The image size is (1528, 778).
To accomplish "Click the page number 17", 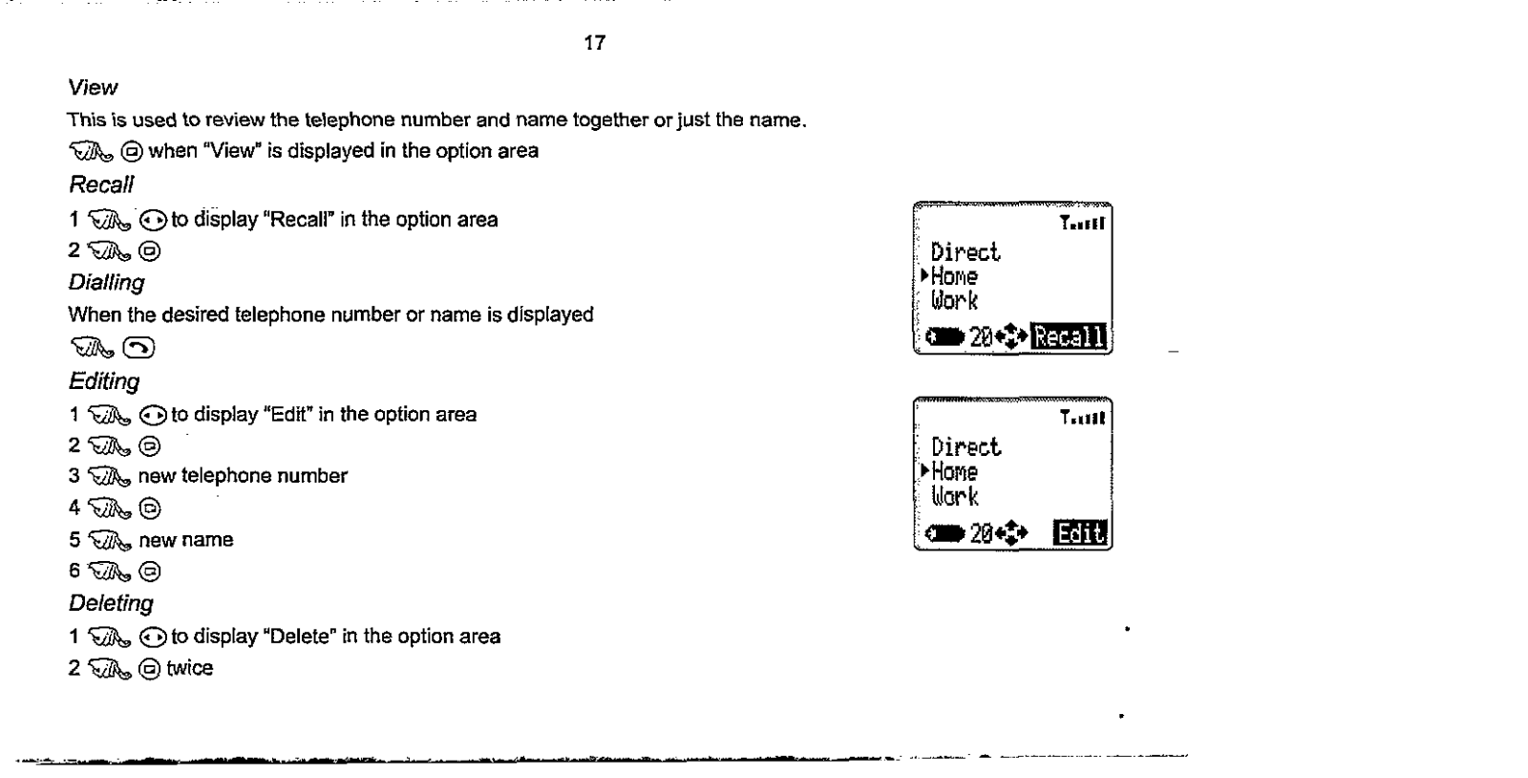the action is tap(594, 43).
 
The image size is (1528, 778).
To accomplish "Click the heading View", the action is tap(93, 88).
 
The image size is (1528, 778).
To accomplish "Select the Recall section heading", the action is tap(100, 184).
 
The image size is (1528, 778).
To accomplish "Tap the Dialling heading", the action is tap(106, 283).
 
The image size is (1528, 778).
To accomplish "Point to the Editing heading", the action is tap(104, 381).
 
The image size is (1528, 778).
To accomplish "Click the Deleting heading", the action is tap(111, 604).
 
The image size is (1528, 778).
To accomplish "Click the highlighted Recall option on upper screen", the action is tap(1071, 336).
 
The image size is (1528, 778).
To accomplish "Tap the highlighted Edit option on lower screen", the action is tap(1080, 532).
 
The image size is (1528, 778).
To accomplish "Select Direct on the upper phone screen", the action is tap(966, 252).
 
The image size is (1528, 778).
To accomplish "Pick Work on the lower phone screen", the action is tap(955, 496).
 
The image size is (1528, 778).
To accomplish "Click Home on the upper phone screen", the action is tap(954, 277).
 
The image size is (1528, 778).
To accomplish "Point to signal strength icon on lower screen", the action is tap(1082, 418).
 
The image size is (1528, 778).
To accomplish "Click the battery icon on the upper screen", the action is tap(947, 336).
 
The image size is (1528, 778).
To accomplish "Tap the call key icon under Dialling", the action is tap(141, 348).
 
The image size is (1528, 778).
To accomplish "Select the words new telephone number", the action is tap(243, 476).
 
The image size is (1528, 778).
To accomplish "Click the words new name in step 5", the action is tap(186, 540).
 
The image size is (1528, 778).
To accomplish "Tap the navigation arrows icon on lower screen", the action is tap(1011, 532).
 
